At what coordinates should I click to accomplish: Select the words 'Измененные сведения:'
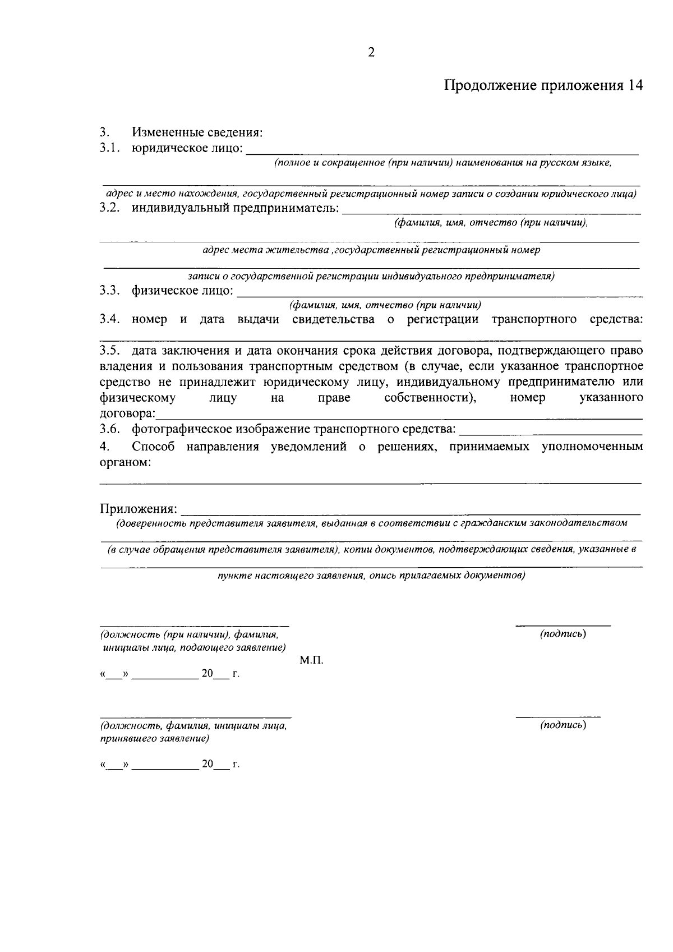tap(197, 133)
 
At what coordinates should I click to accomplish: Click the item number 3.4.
tap(110, 320)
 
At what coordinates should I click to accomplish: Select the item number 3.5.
tap(110, 351)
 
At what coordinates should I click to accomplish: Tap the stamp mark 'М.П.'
tap(311, 661)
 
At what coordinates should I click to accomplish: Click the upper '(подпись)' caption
tap(563, 634)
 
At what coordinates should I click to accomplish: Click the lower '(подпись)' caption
tap(563, 725)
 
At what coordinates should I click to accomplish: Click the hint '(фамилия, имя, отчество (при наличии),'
tap(491, 223)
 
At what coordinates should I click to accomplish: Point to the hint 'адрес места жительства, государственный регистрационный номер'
tap(371, 250)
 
